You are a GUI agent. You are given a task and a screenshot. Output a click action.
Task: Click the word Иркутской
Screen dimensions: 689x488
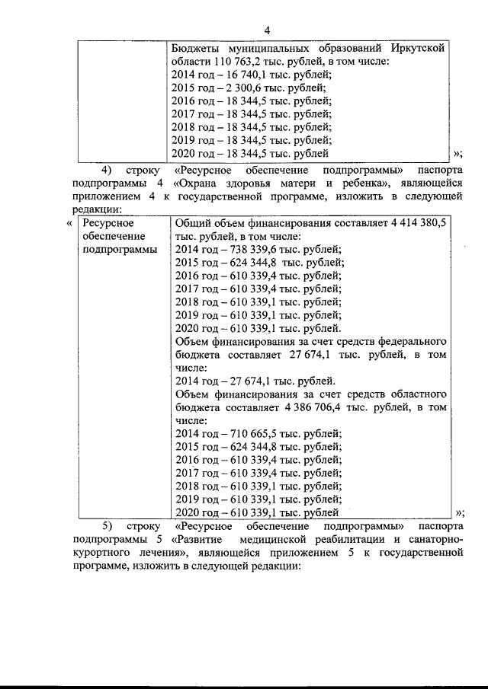point(416,48)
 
